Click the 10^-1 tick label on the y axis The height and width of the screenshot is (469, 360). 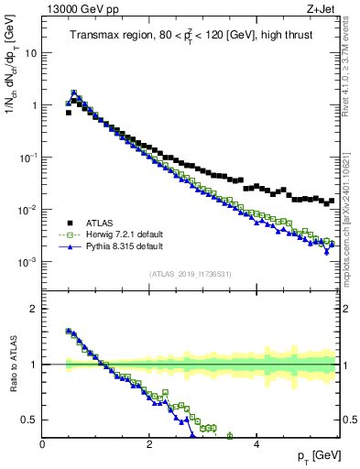pyautogui.click(x=27, y=157)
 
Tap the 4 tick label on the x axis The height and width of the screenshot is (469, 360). pyautogui.click(x=256, y=442)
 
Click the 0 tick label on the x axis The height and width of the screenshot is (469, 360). pyautogui.click(x=42, y=442)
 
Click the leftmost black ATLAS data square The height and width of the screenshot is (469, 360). pyautogui.click(x=69, y=113)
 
